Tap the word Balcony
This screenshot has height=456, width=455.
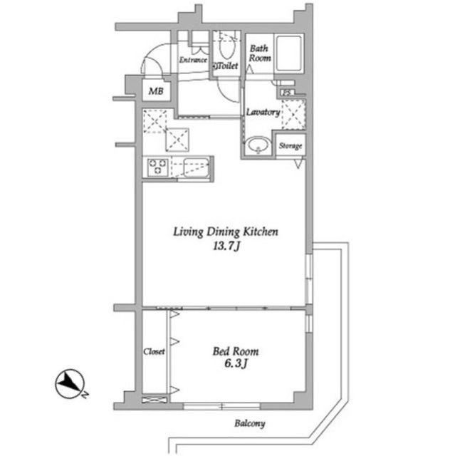pos(249,424)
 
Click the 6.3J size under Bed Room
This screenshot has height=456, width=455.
pos(236,366)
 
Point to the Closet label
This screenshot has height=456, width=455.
pos(155,352)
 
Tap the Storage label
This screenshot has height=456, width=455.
pos(291,146)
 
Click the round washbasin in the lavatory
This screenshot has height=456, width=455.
pos(257,145)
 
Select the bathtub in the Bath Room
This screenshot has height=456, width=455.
pos(290,53)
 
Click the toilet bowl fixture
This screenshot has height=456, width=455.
pos(227,47)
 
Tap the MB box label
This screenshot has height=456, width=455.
pos(155,91)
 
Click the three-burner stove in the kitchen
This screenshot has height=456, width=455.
pos(158,168)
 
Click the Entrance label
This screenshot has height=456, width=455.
pos(192,61)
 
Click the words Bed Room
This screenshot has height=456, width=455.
pos(236,351)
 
